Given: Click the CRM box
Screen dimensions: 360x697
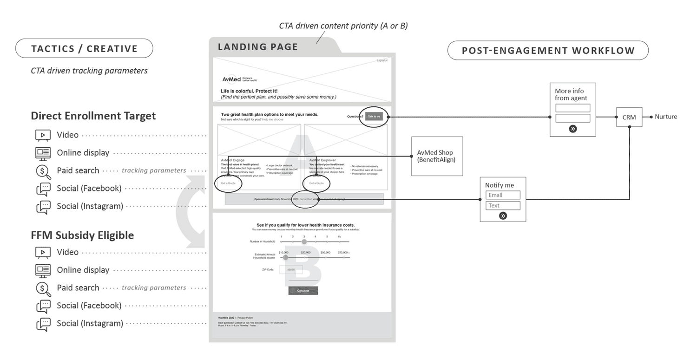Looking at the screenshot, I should tap(629, 117).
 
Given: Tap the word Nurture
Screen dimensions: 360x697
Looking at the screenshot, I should tap(666, 117).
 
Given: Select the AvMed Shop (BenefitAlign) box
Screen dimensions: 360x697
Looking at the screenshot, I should tap(437, 156).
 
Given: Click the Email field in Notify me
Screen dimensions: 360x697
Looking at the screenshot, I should tap(503, 195).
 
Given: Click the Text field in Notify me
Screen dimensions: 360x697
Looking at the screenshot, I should tap(503, 205).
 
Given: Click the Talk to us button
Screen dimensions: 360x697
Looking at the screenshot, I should tap(374, 116).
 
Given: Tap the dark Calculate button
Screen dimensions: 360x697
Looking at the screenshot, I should tap(303, 290).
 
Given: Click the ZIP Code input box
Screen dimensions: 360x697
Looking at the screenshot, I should tap(291, 269).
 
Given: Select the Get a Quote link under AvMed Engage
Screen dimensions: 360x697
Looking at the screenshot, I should tap(228, 183).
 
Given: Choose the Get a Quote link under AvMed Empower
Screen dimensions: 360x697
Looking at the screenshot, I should tap(316, 183).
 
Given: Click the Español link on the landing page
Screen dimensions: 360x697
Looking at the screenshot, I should tap(381, 60).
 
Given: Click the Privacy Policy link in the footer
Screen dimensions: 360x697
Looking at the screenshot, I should tap(245, 318).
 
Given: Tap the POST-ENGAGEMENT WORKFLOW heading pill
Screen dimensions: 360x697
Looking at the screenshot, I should tap(548, 50).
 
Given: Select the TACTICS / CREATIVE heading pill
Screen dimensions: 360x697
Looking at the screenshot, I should tap(84, 48).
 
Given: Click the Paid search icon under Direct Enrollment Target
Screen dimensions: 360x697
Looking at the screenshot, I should tap(43, 171).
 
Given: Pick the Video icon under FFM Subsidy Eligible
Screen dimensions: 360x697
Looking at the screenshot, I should tap(43, 253).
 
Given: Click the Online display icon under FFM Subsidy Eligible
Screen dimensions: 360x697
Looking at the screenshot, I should tap(43, 270).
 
